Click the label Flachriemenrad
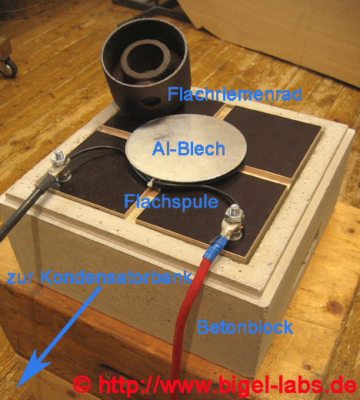coord(235,94)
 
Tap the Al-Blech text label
coord(188,148)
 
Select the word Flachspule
coord(172,202)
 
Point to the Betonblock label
coord(245,327)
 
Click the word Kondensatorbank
coord(116,277)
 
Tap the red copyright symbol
coord(82,385)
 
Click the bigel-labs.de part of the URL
coord(285,385)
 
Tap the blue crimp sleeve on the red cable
coord(216,247)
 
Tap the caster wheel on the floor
coord(10,68)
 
